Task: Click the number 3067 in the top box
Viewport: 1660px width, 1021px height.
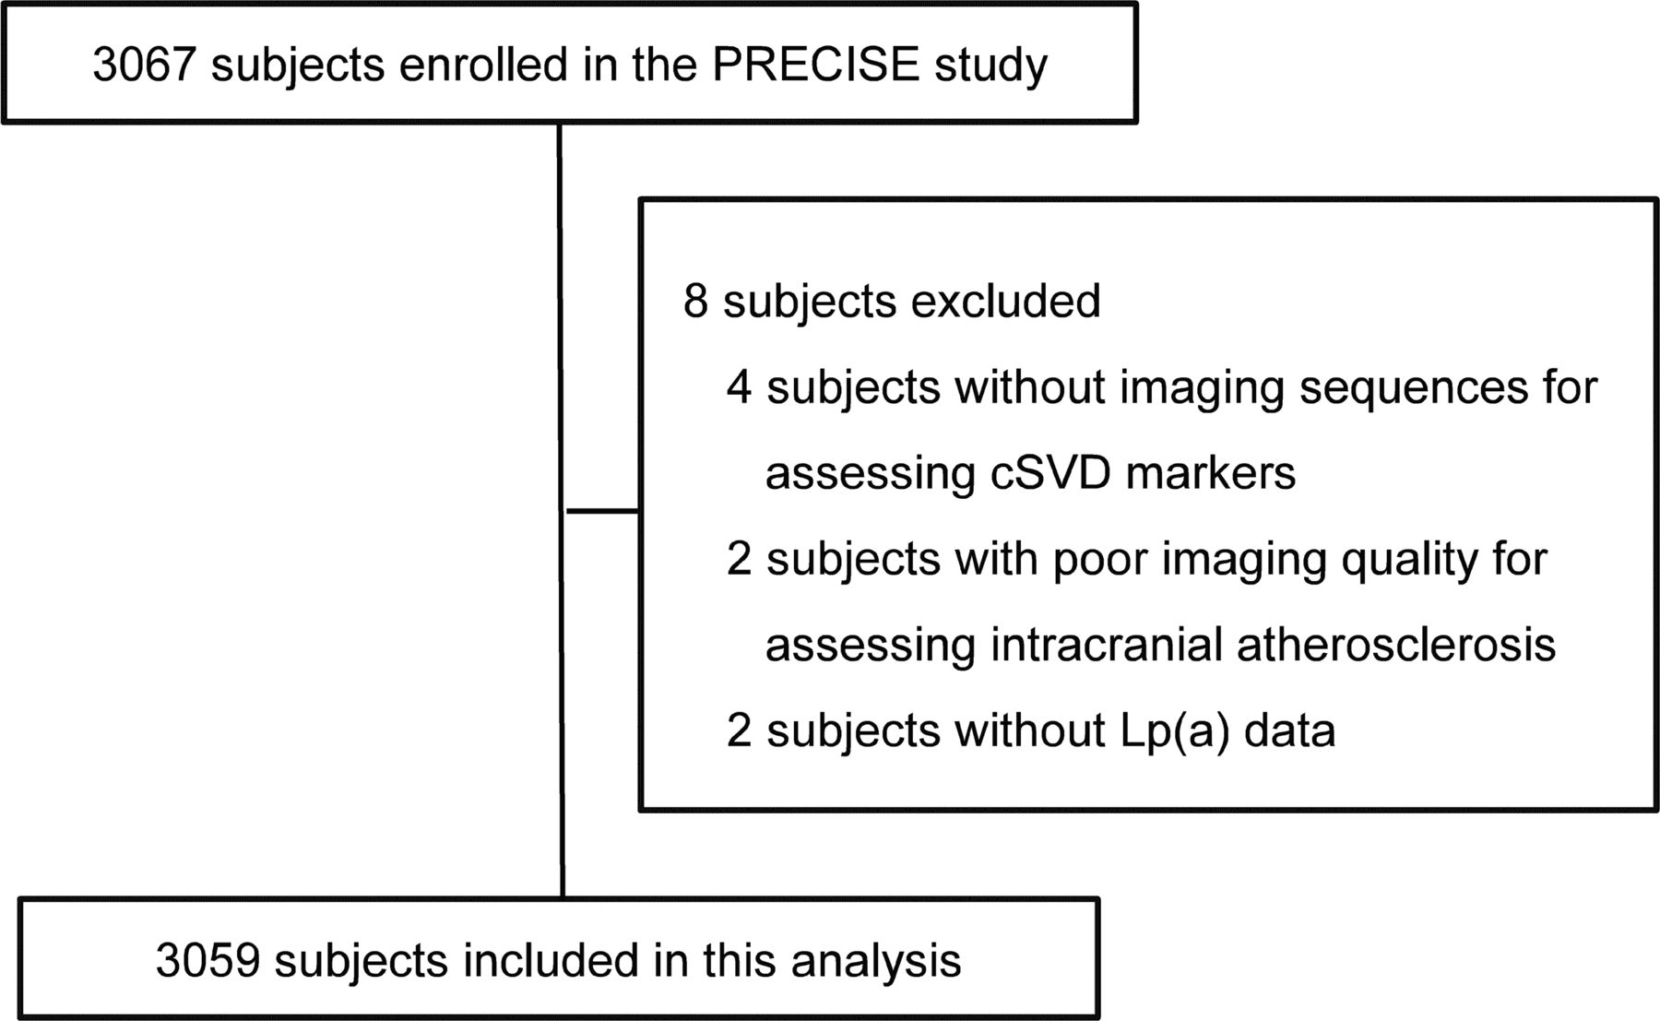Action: point(145,65)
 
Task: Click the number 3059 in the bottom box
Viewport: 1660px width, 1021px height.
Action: point(207,960)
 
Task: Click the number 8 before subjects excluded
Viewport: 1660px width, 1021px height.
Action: point(696,301)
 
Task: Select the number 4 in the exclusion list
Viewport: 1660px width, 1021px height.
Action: point(740,387)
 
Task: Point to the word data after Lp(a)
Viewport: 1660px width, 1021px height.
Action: point(1289,730)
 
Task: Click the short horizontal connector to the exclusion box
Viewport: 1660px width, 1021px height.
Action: point(602,510)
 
